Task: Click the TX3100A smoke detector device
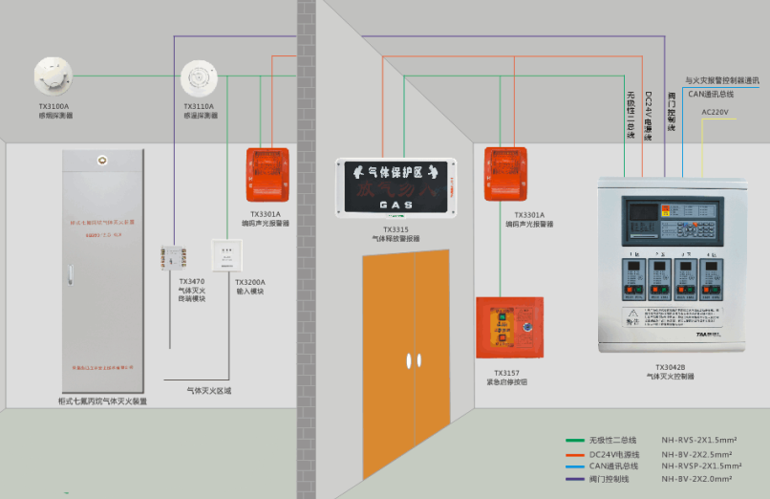pos(53,75)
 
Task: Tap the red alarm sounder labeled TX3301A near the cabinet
pos(267,173)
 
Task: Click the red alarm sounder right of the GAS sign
pos(505,174)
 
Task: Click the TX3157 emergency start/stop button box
pos(509,327)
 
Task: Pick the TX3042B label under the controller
pos(670,367)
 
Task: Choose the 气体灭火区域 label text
pos(208,390)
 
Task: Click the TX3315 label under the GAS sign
pos(396,230)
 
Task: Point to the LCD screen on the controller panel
pos(638,211)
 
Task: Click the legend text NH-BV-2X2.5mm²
pos(696,454)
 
